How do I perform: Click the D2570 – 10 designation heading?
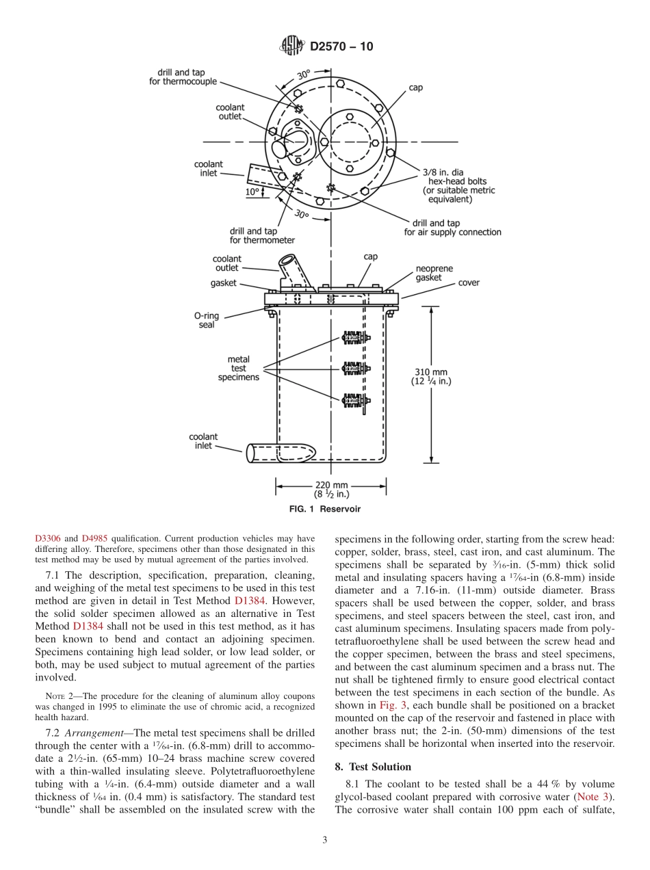(341, 47)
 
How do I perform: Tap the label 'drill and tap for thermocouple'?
(183, 77)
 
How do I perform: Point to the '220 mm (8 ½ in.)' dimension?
(331, 490)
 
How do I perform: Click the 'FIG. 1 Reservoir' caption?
(325, 510)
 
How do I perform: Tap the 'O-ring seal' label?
(207, 320)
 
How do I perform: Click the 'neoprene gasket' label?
(434, 273)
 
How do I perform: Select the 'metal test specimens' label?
(238, 368)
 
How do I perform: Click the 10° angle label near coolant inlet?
(252, 192)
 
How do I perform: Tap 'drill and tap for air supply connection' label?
(452, 228)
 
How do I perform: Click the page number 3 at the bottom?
(325, 841)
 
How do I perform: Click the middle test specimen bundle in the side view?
(355, 369)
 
